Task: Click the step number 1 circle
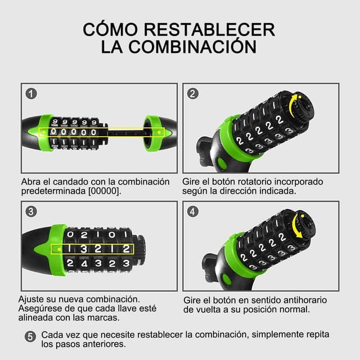(32, 94)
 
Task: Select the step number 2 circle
(193, 94)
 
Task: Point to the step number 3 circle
(32, 212)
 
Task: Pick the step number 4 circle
(193, 212)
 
